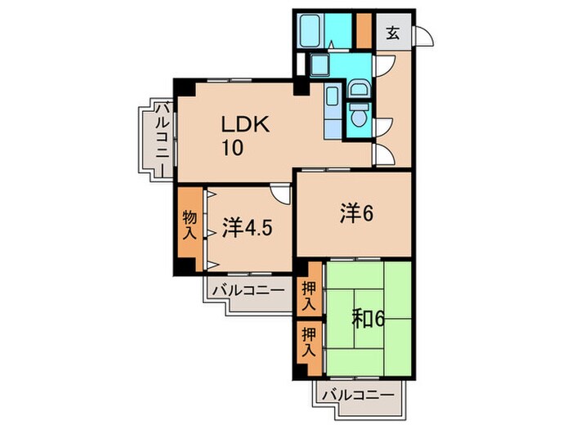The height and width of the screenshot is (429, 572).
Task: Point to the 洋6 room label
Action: [355, 214]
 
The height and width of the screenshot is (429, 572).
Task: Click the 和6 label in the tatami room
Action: [368, 316]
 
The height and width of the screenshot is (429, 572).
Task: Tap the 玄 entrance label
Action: [393, 34]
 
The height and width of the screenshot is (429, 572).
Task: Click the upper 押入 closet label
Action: [308, 296]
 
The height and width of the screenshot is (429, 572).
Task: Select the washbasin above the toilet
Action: [358, 88]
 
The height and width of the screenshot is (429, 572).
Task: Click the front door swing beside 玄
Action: [422, 35]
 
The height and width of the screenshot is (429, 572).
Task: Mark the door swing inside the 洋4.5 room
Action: [281, 194]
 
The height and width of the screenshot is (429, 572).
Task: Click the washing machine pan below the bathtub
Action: [319, 65]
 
